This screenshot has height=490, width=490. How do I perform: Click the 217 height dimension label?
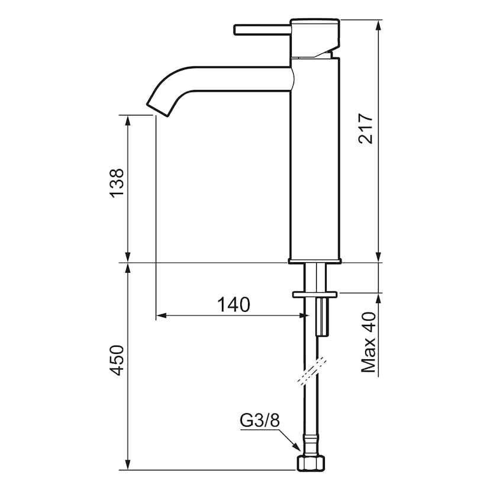tap(366, 128)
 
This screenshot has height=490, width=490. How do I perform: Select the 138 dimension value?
tap(117, 183)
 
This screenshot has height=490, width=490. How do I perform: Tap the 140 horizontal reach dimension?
tap(234, 305)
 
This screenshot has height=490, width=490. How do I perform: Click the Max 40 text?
tap(368, 342)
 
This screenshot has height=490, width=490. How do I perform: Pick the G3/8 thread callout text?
tap(260, 421)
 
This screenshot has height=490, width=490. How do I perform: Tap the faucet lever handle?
tap(263, 30)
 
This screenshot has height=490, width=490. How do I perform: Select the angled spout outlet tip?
tap(159, 110)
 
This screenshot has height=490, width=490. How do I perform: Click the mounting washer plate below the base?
tap(315, 294)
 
